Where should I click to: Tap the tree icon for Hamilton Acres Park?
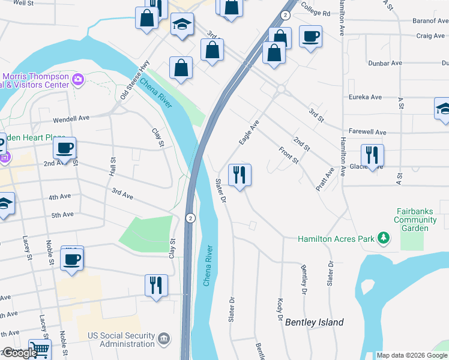coord(383,239)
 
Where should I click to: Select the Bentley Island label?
coord(315,322)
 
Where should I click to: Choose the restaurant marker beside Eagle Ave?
coord(240,175)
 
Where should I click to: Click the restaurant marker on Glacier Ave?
coord(372,156)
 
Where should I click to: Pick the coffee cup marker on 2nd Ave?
coord(65,148)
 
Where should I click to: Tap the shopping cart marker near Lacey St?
coord(40,349)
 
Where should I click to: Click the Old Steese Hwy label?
coord(134,80)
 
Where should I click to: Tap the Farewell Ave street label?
coord(367,132)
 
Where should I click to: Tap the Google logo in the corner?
coord(19,353)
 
